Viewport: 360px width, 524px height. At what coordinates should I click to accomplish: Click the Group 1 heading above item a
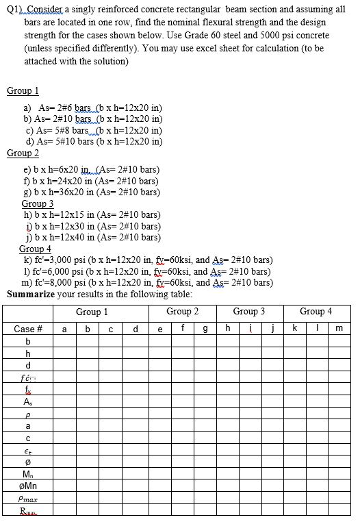23,91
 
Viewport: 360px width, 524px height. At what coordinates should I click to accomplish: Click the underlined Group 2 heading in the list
23,153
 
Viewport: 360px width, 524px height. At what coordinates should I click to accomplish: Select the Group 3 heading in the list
38,203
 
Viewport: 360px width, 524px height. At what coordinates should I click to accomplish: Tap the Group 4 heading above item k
35,249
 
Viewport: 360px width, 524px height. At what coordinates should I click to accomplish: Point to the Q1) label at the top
15,9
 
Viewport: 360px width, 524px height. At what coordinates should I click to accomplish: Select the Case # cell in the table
28,329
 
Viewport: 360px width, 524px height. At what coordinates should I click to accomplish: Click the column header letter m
338,329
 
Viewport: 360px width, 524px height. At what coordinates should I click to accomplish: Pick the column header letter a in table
64,329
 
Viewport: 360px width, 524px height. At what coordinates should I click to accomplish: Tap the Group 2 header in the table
182,311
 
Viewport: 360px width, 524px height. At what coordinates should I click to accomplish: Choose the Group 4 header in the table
316,311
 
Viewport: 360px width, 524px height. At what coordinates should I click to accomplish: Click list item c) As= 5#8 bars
94,130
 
